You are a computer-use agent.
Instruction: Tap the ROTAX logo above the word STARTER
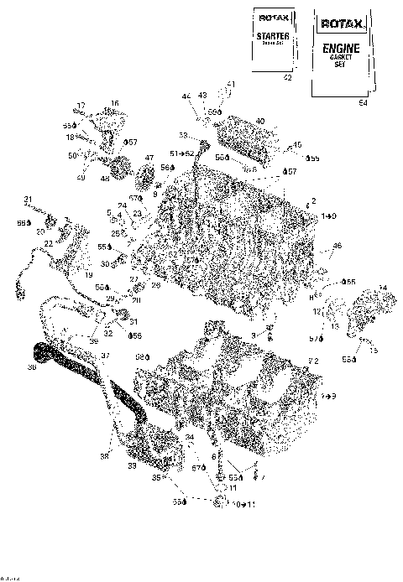point(274,16)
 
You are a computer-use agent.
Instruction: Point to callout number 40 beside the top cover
point(260,121)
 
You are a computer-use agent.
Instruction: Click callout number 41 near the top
point(232,85)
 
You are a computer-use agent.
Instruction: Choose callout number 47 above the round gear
point(149,158)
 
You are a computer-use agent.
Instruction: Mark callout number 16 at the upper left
point(114,103)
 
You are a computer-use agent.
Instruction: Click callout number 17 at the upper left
point(81,106)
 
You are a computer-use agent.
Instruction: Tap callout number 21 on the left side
point(28,199)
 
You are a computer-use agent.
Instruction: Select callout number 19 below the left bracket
point(88,275)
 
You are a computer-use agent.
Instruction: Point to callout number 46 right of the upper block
point(338,246)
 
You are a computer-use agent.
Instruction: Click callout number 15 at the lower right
point(374,350)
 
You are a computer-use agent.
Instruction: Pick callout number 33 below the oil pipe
point(132,465)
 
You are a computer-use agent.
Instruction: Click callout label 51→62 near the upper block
point(182,153)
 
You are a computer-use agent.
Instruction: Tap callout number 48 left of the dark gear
point(106,179)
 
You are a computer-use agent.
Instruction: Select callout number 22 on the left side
point(48,243)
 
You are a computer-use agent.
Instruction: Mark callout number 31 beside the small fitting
point(133,322)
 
